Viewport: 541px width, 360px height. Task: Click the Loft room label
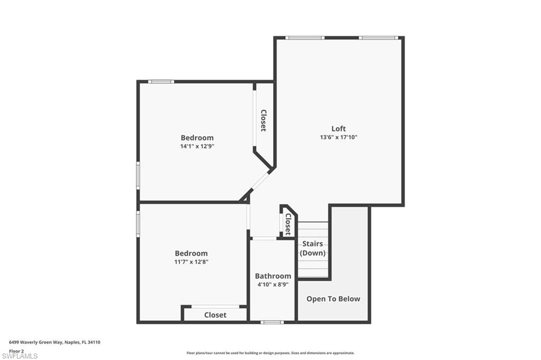click(x=339, y=129)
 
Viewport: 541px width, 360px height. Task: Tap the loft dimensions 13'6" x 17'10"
click(x=339, y=137)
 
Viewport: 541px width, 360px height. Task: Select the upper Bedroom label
click(x=197, y=138)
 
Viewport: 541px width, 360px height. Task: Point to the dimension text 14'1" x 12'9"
click(x=197, y=146)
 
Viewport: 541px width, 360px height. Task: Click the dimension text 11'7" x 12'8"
click(x=191, y=262)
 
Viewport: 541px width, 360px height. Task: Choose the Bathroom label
click(x=273, y=276)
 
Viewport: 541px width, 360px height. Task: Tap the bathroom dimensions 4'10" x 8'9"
click(x=273, y=285)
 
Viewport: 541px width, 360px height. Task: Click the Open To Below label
click(x=333, y=299)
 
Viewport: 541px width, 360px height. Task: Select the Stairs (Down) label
click(x=313, y=249)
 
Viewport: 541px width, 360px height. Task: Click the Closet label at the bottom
click(x=215, y=315)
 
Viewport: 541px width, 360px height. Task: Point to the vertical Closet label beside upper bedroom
click(x=263, y=120)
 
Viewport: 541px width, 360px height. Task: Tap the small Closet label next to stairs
click(x=288, y=224)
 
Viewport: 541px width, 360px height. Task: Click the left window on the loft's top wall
click(x=305, y=37)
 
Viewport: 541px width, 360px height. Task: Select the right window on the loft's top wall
click(x=378, y=37)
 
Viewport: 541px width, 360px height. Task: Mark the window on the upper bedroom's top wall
click(x=161, y=81)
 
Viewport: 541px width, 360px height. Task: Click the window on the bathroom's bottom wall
click(x=272, y=321)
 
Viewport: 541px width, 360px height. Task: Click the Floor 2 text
click(x=16, y=350)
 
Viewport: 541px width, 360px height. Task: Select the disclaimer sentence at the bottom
click(x=270, y=353)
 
